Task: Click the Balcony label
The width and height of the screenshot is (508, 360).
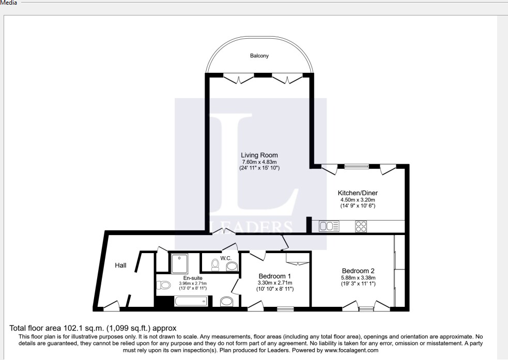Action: pos(259,56)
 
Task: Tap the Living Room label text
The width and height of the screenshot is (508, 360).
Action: pos(259,155)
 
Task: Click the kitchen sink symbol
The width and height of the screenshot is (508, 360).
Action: pos(329,226)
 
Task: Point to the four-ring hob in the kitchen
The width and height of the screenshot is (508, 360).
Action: pos(361,226)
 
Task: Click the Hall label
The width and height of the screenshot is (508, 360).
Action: pos(120,265)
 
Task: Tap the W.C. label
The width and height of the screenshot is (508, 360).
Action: pos(226,258)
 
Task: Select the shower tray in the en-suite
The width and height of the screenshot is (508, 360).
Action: pos(179,263)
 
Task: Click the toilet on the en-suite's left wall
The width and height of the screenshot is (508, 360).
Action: pos(164,285)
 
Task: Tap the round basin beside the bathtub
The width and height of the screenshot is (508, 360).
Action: pos(226,302)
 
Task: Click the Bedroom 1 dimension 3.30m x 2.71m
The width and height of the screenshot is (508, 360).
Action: pos(275,283)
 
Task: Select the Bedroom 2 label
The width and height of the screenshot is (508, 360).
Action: pos(358,271)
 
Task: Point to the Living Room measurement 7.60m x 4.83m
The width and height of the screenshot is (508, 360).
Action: pos(259,162)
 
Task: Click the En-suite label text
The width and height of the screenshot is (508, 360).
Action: pos(192,278)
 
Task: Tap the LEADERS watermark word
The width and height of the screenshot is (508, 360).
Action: pos(250,226)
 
